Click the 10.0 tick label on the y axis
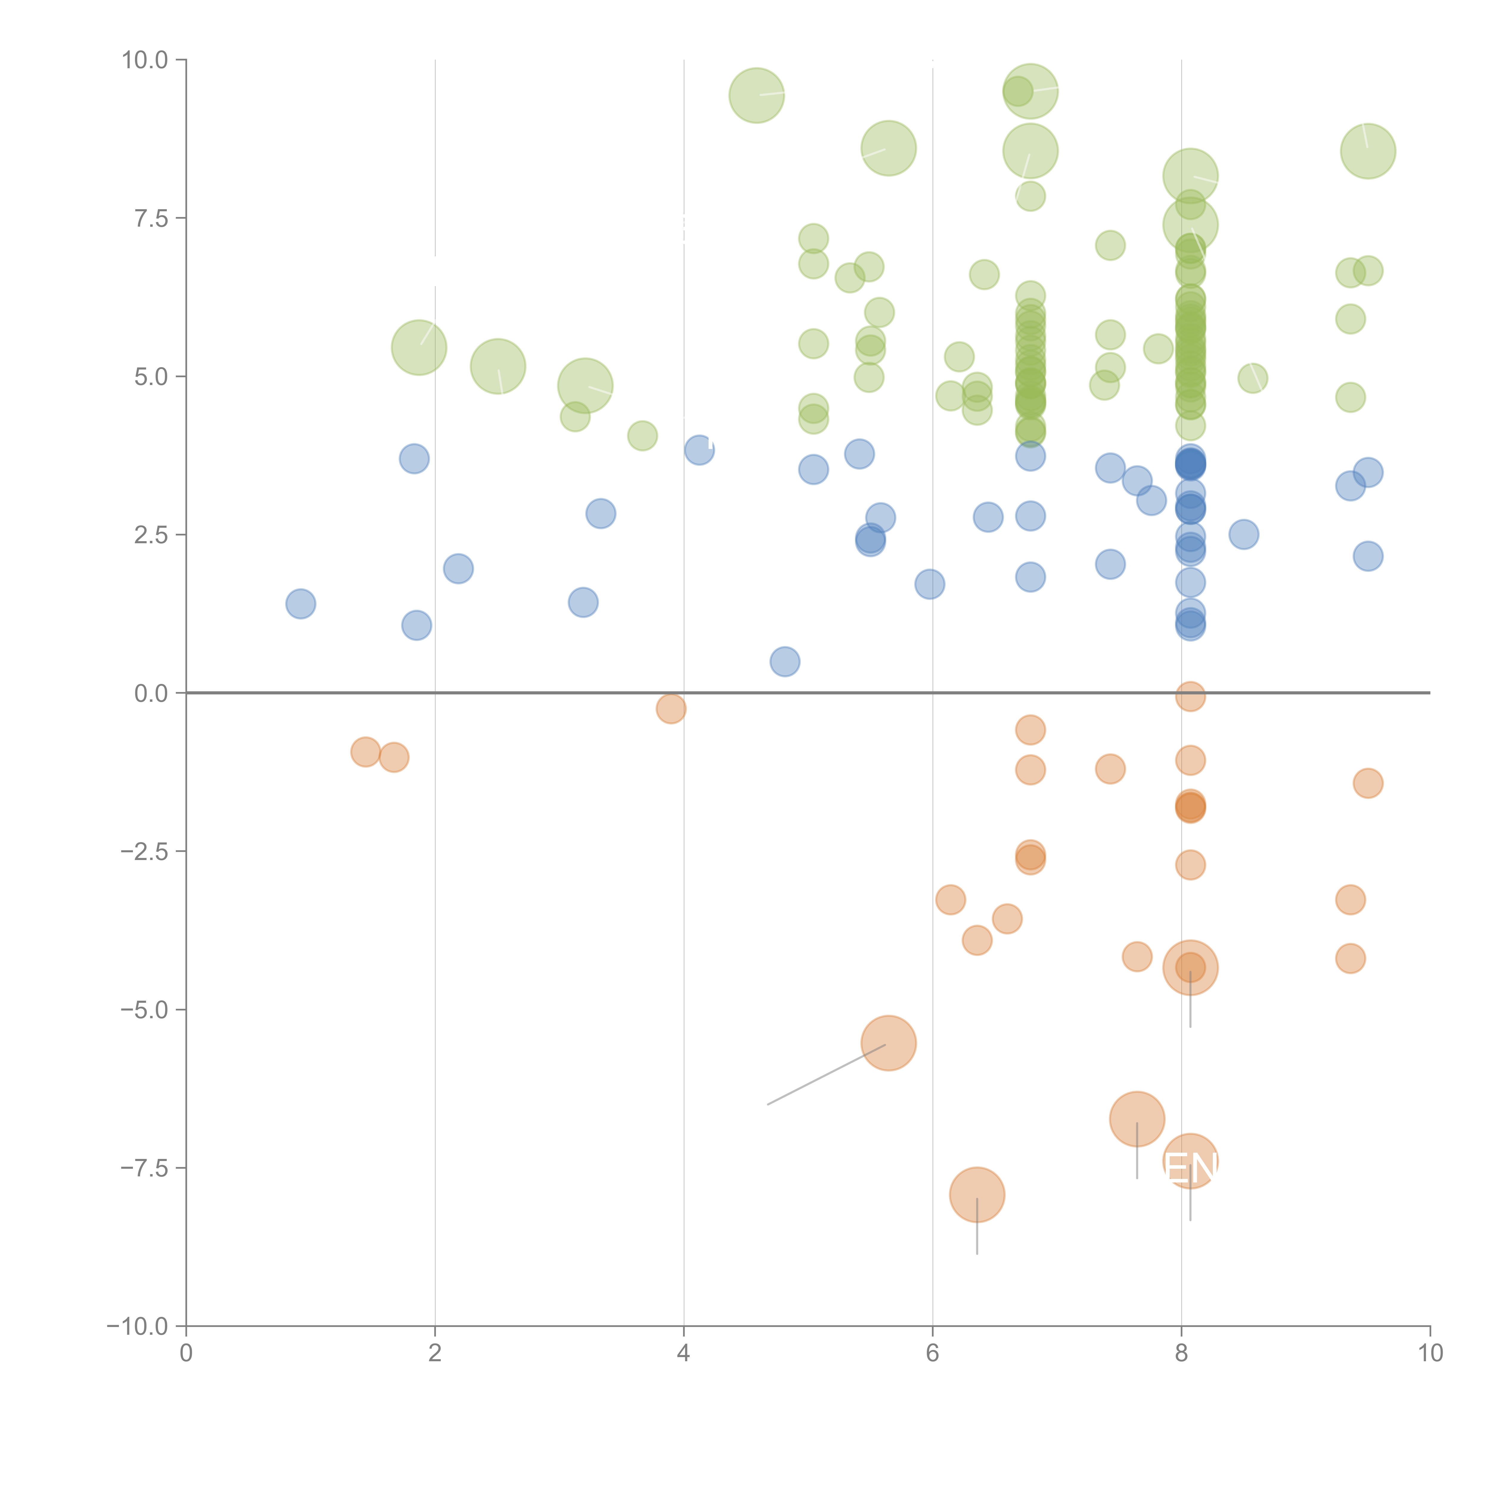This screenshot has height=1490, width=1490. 145,60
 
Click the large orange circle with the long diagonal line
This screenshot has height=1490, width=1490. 888,1044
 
